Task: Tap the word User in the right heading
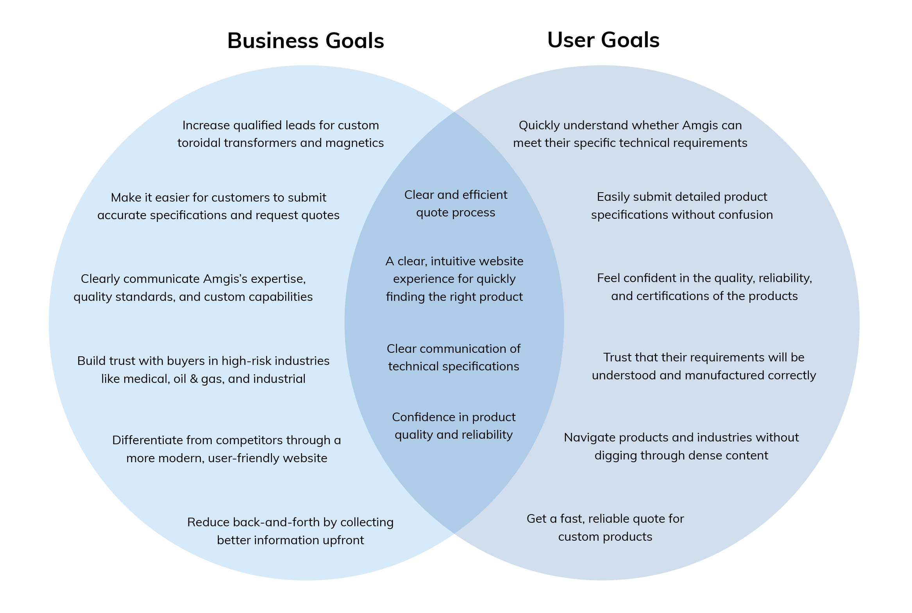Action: (x=570, y=40)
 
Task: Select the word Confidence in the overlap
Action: (x=424, y=418)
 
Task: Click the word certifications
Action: (x=667, y=296)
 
